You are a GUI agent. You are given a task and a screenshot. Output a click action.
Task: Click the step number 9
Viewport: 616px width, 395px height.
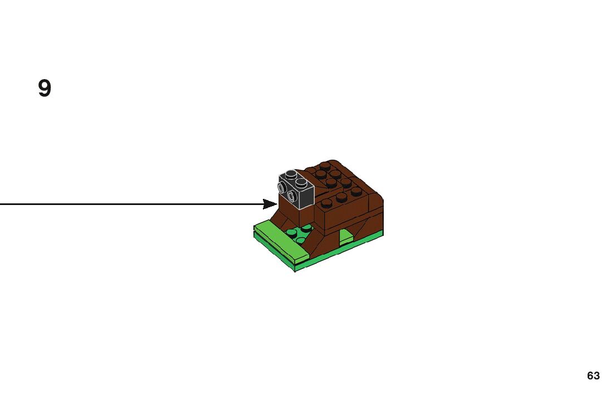45,89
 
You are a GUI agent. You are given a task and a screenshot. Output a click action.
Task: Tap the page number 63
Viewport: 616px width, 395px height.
593,376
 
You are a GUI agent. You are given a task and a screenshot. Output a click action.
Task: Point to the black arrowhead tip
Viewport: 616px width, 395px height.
276,204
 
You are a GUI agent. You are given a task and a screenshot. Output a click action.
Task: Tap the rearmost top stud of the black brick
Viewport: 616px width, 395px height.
290,173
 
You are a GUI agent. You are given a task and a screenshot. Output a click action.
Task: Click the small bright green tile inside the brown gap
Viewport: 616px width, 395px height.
345,237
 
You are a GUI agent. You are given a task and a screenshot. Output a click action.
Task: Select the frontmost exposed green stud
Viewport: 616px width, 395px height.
301,241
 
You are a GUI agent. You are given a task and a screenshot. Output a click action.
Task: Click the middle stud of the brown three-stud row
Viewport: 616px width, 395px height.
341,197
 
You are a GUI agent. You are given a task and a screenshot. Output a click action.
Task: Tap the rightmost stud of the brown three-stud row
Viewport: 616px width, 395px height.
356,191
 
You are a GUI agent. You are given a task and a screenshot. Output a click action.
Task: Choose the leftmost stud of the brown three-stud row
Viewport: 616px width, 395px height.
327,203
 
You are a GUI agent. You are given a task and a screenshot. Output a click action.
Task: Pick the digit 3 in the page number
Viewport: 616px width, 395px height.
597,376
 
